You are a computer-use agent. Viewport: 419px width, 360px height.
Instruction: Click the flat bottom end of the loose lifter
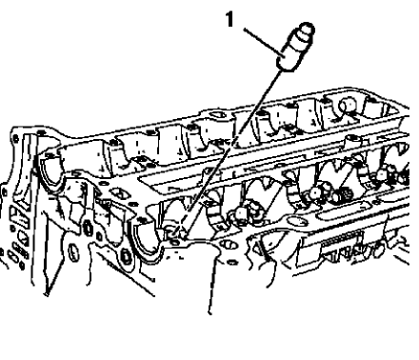tap(285, 67)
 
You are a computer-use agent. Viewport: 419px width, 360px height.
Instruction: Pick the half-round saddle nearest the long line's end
tap(148, 233)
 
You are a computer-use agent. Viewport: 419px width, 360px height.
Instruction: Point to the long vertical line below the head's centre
tap(211, 286)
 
